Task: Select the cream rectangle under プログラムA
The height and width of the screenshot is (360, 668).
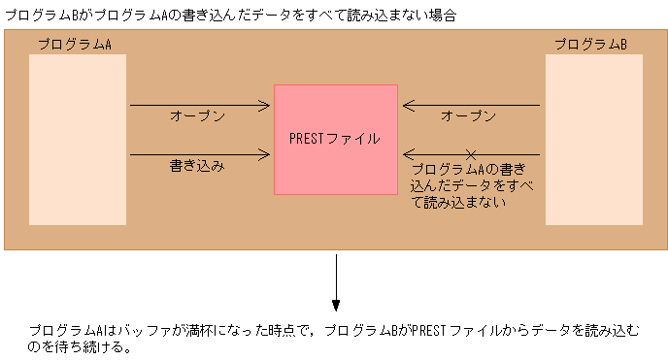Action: click(78, 140)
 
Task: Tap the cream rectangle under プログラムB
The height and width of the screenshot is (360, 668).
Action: click(593, 140)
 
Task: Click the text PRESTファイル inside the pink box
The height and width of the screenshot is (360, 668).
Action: click(335, 139)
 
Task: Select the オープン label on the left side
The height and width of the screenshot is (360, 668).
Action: click(197, 116)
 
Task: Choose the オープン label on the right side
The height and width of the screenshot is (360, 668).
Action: click(469, 116)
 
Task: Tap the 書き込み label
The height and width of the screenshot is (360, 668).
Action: click(197, 166)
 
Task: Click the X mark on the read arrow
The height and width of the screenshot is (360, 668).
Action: click(471, 154)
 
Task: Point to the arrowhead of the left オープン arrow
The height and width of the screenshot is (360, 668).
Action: click(266, 105)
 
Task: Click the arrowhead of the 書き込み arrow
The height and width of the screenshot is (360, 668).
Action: click(266, 154)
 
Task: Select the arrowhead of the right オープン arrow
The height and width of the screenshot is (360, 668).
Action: click(408, 105)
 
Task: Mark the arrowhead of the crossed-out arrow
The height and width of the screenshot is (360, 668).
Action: click(408, 154)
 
